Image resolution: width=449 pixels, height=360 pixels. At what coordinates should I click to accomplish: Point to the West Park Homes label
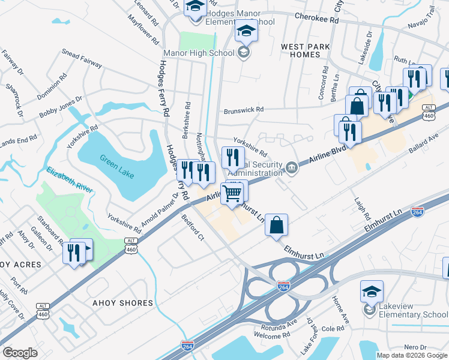click(x=300, y=50)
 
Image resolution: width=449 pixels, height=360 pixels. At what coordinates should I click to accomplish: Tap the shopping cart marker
click(x=232, y=193)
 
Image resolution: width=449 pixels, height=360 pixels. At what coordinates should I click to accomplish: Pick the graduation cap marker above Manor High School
click(x=246, y=30)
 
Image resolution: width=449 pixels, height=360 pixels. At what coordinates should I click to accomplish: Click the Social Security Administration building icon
click(x=291, y=166)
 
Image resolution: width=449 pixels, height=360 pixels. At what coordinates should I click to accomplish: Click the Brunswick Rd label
click(x=244, y=110)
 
